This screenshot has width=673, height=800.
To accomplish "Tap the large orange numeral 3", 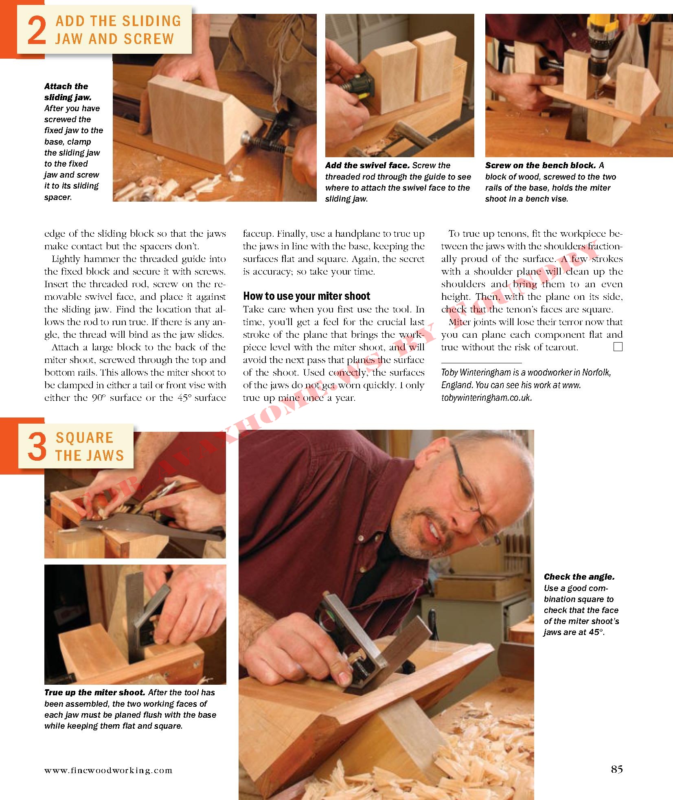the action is click(x=36, y=447).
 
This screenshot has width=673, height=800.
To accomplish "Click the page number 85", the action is click(x=617, y=769).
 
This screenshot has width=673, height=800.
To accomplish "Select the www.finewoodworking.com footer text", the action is click(x=108, y=770).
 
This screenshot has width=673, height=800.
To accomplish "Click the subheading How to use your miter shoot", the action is click(x=307, y=296).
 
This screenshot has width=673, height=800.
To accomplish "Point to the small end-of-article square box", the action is click(x=618, y=347).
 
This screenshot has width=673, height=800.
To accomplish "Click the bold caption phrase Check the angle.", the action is click(x=579, y=577).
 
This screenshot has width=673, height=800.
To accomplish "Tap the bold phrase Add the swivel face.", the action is click(x=367, y=165).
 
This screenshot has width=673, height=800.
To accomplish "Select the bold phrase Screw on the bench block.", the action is click(x=540, y=165).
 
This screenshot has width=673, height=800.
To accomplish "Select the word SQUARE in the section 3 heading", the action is click(x=84, y=438).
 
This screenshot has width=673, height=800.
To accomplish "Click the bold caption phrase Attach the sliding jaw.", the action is click(x=68, y=92).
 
